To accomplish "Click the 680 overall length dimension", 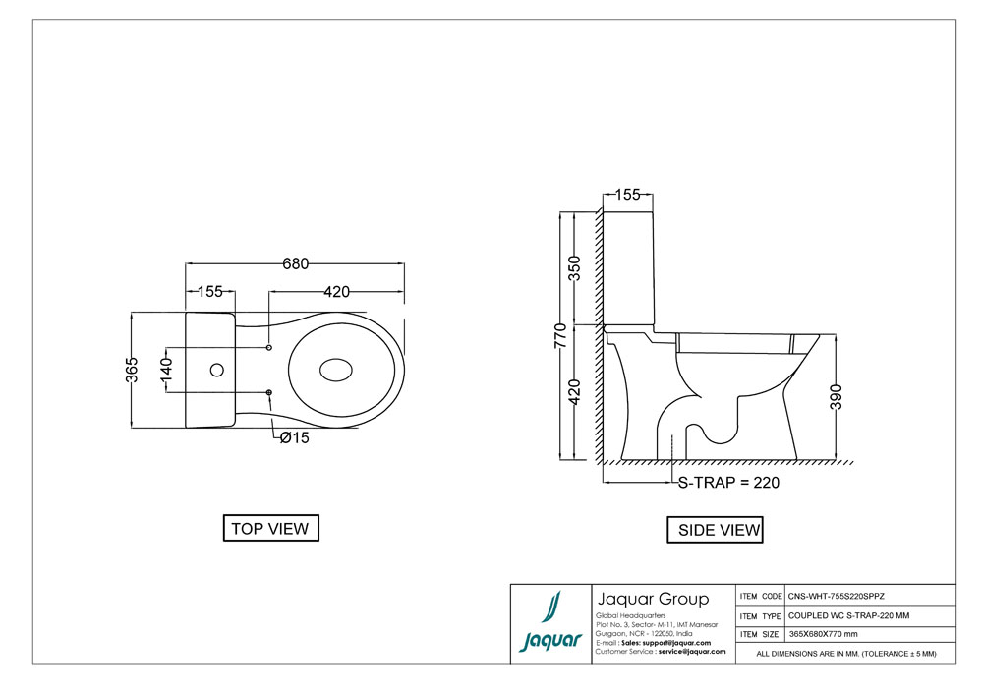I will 296,263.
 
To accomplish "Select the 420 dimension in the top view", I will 337,292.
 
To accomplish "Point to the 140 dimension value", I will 167,371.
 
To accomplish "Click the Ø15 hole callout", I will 294,438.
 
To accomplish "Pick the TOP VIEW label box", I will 269,529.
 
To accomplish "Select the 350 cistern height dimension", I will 575,267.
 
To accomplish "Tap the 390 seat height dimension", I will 838,397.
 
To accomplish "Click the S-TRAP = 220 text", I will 730,483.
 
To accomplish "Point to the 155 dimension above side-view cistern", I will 629,195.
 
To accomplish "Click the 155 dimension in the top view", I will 209,292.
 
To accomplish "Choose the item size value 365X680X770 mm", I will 831,634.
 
